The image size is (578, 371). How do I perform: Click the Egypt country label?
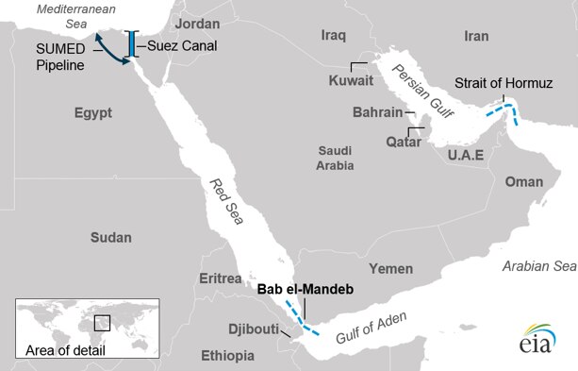click(92, 112)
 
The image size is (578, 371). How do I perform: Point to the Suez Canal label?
click(178, 45)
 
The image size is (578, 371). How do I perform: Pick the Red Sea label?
click(223, 197)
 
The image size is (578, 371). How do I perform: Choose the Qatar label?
click(404, 141)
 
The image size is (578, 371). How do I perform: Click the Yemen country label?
click(390, 268)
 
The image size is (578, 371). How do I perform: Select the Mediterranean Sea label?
click(64, 17)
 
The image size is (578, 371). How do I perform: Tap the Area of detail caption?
click(64, 351)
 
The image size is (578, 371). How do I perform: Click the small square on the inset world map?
click(103, 322)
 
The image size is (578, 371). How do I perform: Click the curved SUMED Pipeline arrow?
click(112, 49)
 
